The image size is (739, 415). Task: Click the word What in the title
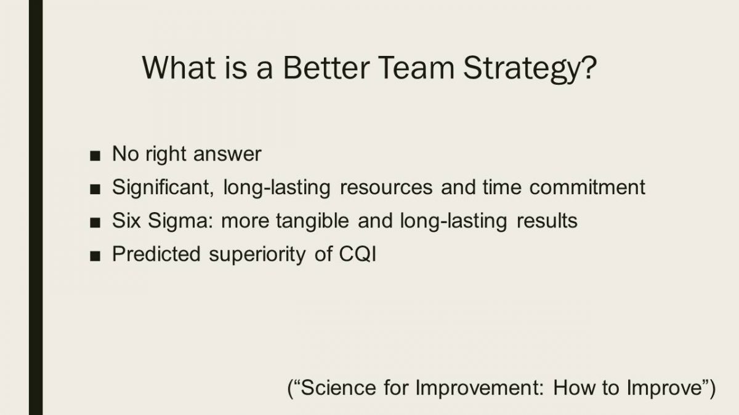[x=179, y=68]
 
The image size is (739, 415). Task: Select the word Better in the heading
[x=326, y=68]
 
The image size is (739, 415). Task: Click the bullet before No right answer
[x=95, y=156]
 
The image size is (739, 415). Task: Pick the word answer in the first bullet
[x=228, y=154]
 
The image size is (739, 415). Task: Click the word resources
[x=386, y=188]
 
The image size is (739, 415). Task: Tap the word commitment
[x=588, y=187]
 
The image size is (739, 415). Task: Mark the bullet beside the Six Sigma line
[x=95, y=223]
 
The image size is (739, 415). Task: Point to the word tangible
[x=313, y=221]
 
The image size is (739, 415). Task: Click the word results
[x=547, y=221]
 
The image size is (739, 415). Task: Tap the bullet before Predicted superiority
[x=95, y=256]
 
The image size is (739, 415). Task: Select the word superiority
[x=257, y=255]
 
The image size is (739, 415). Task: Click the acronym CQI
[x=358, y=254]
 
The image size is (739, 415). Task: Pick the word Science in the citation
[x=338, y=388]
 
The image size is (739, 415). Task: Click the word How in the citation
[x=573, y=388]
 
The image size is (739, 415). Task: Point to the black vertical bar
[x=36, y=208]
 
